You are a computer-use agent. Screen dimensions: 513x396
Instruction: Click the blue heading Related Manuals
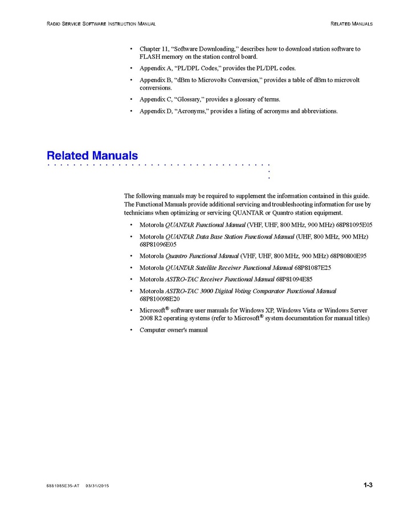click(92, 155)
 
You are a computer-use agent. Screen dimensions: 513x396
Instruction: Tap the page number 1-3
click(368, 485)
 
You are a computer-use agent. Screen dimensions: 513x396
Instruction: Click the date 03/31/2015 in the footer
click(97, 486)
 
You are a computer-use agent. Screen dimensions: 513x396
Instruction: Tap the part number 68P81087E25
click(313, 267)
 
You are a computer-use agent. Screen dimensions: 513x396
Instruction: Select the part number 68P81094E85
click(294, 279)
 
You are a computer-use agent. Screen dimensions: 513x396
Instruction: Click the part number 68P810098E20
click(160, 298)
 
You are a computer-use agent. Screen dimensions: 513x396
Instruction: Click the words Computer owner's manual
click(174, 330)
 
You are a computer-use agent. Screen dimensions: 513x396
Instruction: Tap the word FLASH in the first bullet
click(150, 56)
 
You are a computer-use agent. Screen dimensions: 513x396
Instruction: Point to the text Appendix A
click(156, 68)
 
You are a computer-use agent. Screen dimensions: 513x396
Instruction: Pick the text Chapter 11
click(156, 49)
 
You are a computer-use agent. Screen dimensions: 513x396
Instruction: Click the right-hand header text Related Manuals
click(352, 24)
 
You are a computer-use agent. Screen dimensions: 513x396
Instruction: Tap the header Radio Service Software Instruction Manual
click(101, 24)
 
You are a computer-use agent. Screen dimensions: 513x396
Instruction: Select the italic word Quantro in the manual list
click(176, 256)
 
